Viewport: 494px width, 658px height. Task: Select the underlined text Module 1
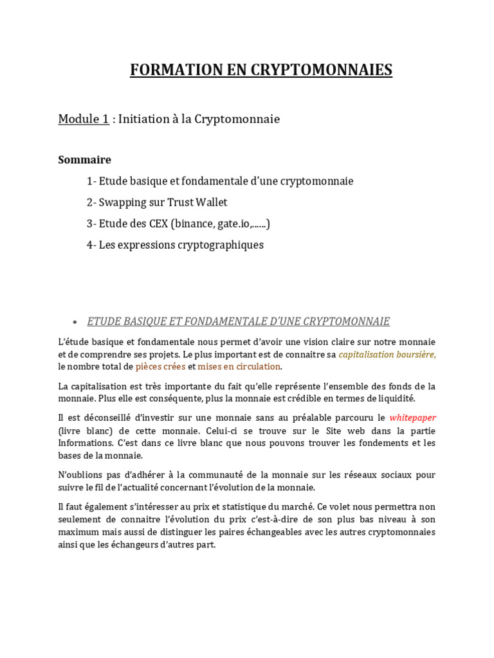click(x=84, y=119)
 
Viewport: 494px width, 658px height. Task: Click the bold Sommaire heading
click(x=84, y=159)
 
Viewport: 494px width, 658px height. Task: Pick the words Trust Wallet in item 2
click(x=197, y=202)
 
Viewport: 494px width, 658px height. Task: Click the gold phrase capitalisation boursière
click(x=387, y=354)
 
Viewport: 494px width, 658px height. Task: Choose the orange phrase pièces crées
click(x=160, y=366)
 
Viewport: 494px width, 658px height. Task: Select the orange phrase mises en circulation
click(x=239, y=366)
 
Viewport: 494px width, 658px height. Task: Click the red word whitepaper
click(x=412, y=418)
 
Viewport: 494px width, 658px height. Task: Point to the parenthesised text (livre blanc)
click(x=84, y=431)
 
